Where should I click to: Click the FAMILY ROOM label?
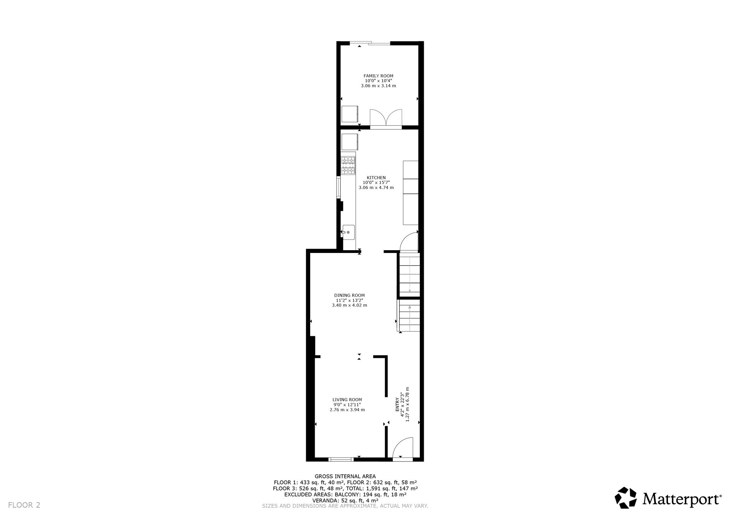pyautogui.click(x=378, y=76)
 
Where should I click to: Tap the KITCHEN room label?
pyautogui.click(x=376, y=178)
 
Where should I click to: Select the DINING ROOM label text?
pyautogui.click(x=349, y=295)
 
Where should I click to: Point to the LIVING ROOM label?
pyautogui.click(x=347, y=400)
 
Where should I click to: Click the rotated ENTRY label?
pyautogui.click(x=397, y=404)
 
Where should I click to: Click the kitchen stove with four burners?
pyautogui.click(x=348, y=165)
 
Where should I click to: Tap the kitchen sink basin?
pyautogui.click(x=349, y=232)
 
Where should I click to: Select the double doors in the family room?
pyautogui.click(x=386, y=118)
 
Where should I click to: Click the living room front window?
pyautogui.click(x=341, y=459)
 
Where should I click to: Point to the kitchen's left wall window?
pyautogui.click(x=338, y=187)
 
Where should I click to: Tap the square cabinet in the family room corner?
pyautogui.click(x=349, y=114)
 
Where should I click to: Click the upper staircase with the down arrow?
pyautogui.click(x=409, y=274)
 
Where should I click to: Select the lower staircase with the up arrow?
pyautogui.click(x=409, y=315)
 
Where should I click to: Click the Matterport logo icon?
pyautogui.click(x=626, y=497)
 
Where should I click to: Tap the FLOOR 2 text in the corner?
pyautogui.click(x=24, y=505)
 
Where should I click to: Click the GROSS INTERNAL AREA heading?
pyautogui.click(x=345, y=476)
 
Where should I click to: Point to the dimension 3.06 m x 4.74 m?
pyautogui.click(x=376, y=188)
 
